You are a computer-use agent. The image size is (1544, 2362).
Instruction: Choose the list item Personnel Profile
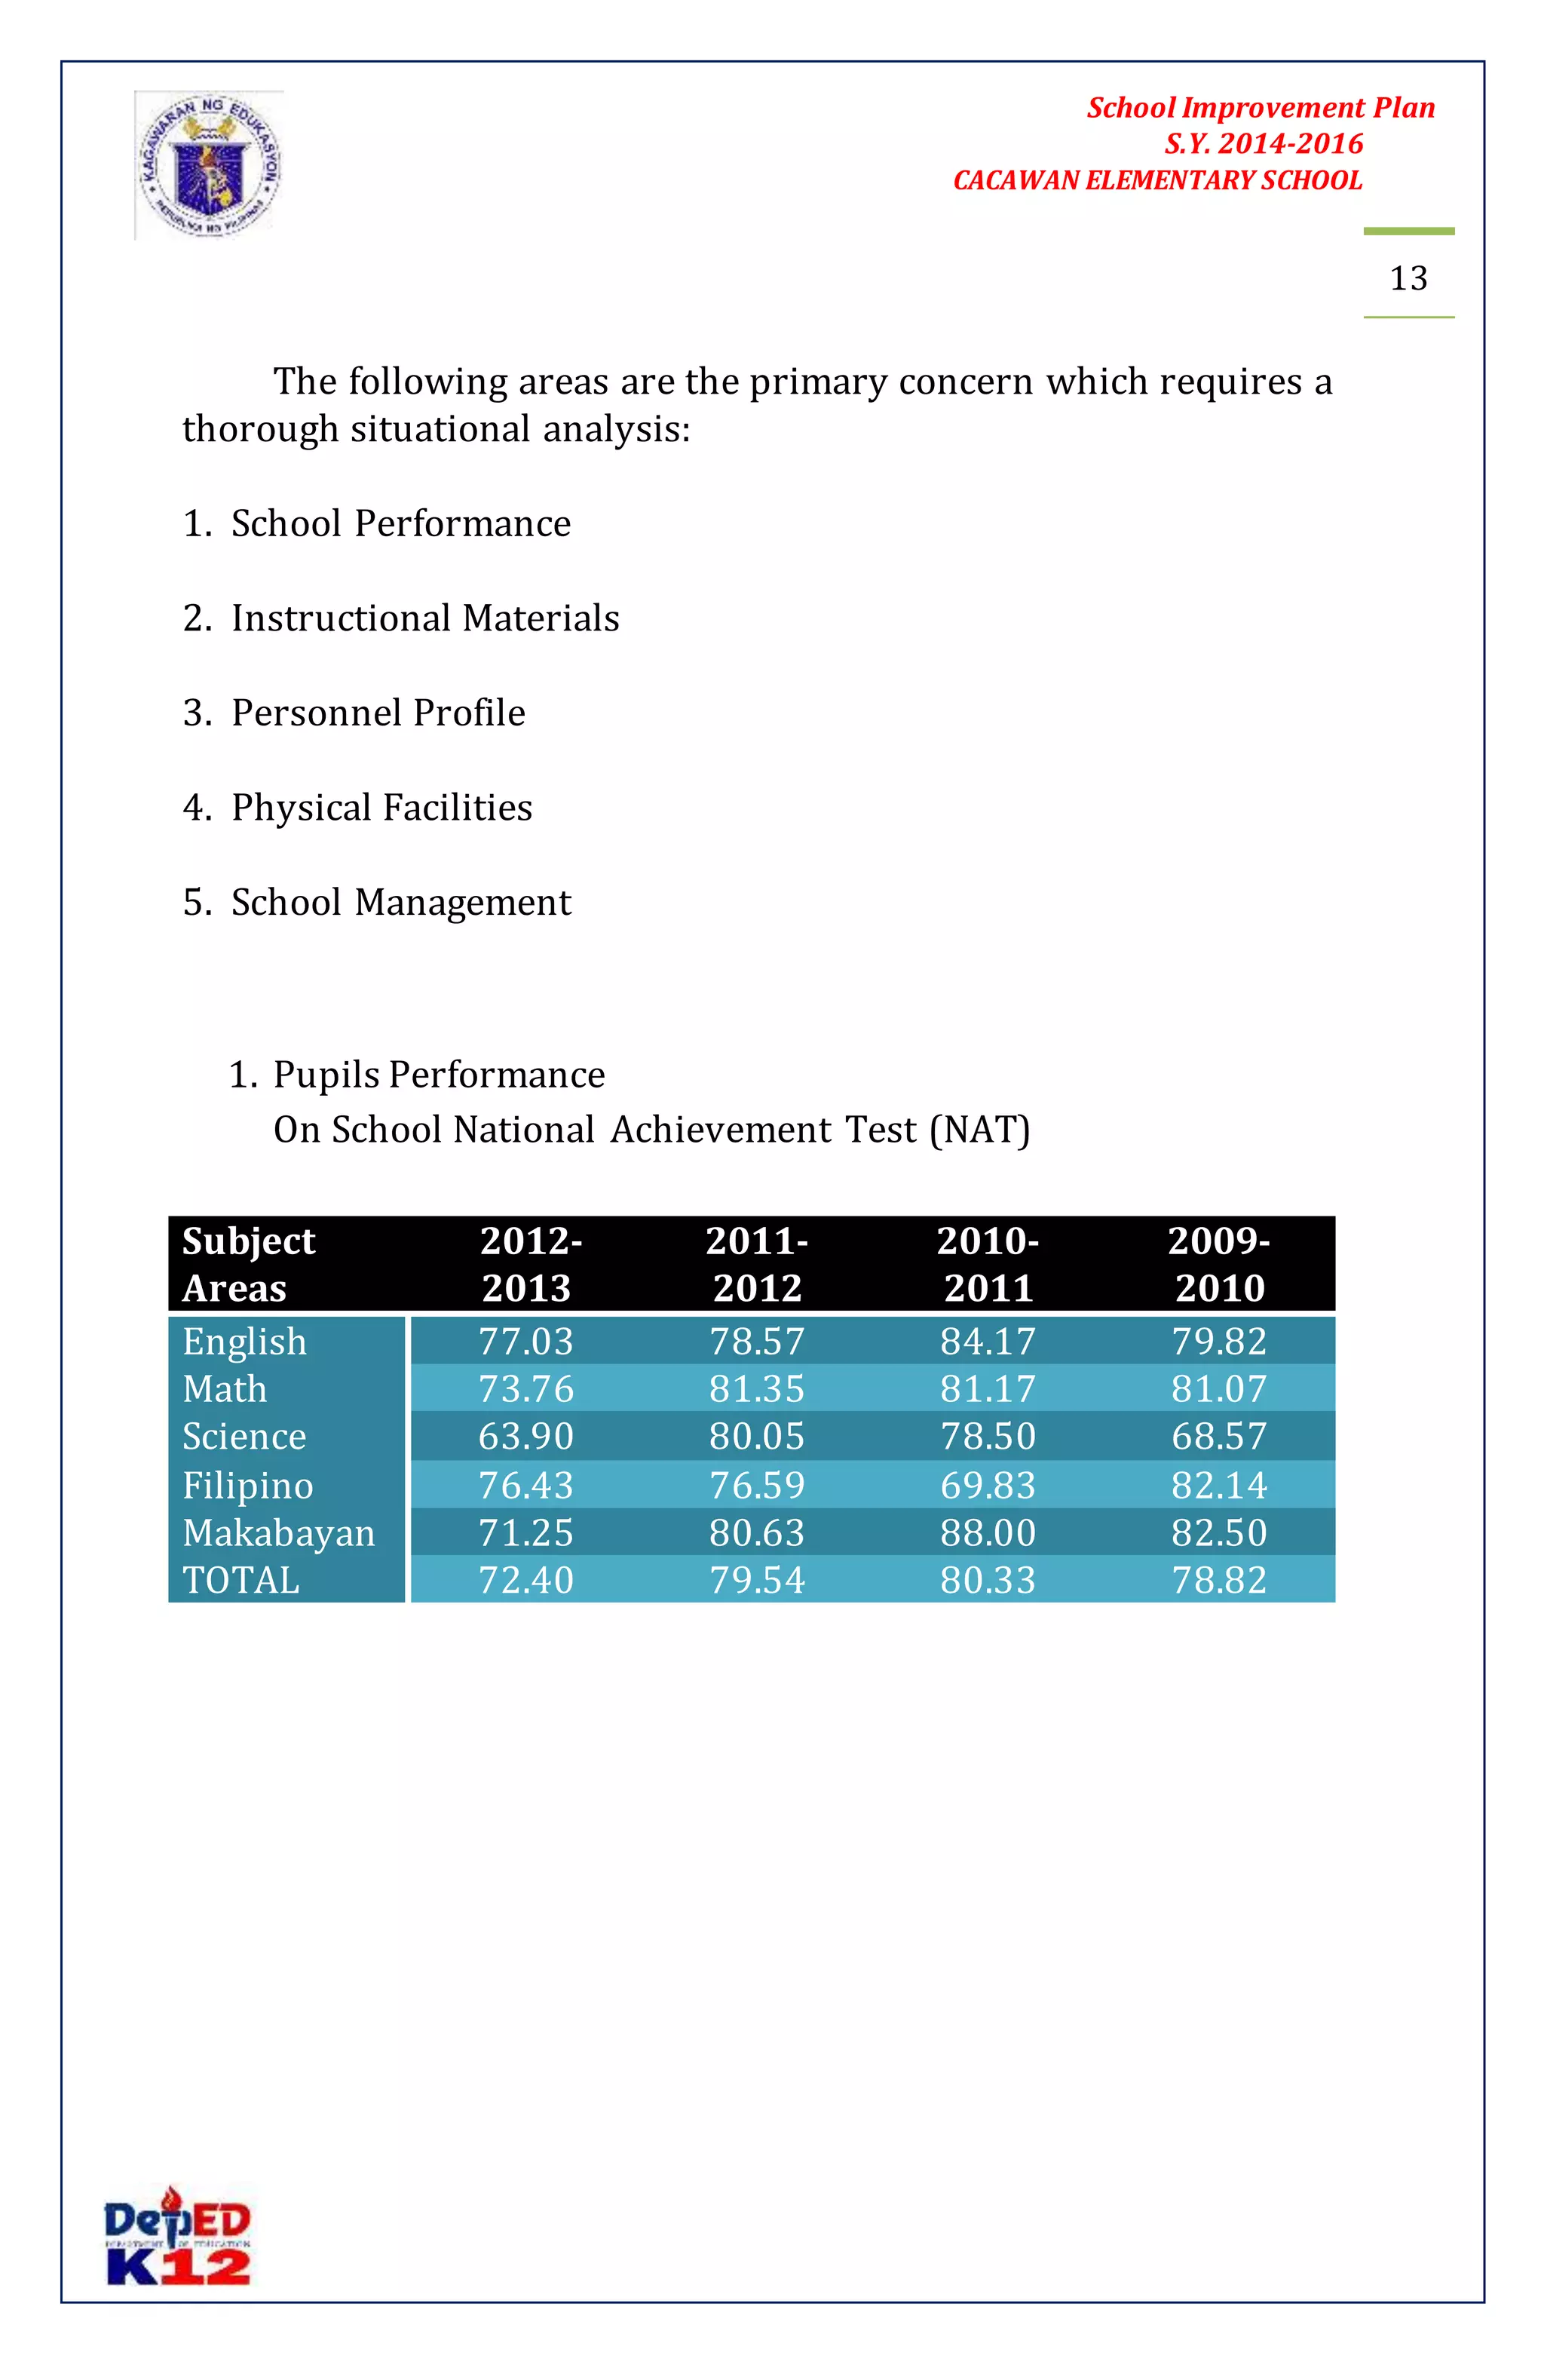[377, 713]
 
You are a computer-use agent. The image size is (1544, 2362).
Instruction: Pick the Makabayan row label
[279, 1532]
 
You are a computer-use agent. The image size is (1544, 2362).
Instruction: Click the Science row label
[244, 1436]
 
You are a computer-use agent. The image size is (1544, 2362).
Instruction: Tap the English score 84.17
[988, 1342]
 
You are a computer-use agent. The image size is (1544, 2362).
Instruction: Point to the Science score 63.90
[526, 1436]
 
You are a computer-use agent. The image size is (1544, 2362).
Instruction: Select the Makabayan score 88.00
[988, 1532]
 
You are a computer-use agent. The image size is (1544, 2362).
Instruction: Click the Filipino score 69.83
[988, 1485]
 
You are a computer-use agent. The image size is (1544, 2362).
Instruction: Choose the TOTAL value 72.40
[526, 1580]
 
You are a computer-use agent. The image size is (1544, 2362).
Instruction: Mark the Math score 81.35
[756, 1388]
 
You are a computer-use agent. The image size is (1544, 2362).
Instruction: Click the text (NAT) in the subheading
[979, 1130]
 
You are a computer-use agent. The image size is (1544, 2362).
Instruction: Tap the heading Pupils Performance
[439, 1075]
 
